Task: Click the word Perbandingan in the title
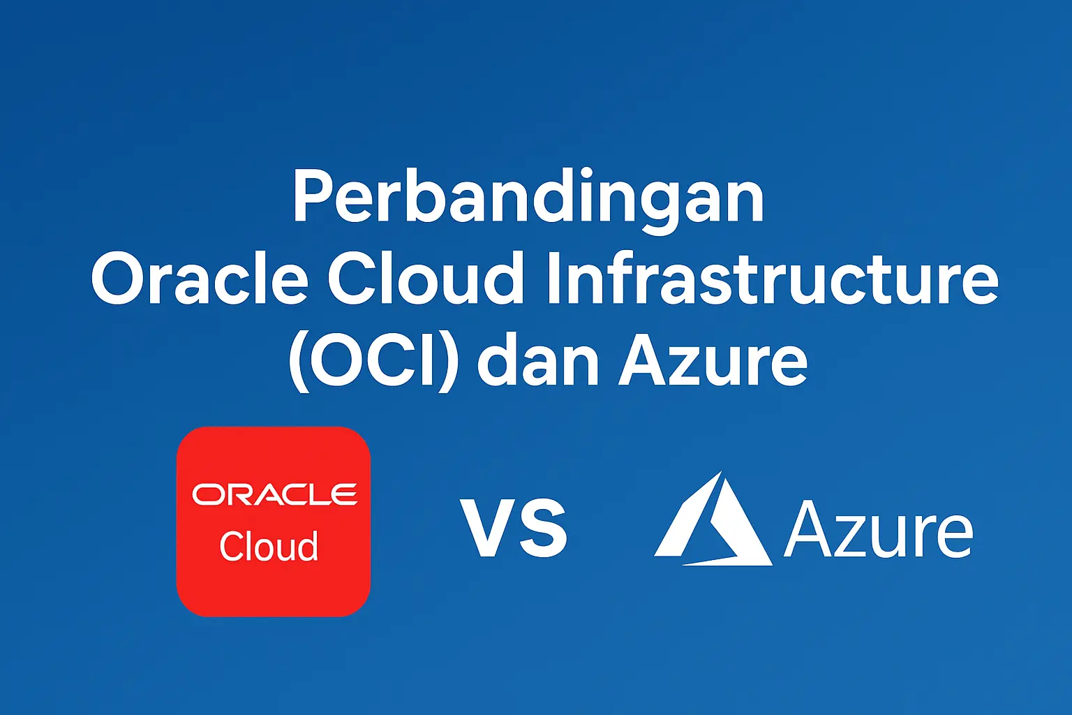528,198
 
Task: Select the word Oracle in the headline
200,279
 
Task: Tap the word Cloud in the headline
425,279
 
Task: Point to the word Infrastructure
772,279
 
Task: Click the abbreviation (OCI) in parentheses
373,363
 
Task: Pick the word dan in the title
538,363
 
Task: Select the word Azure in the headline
713,363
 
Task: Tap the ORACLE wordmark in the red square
274,494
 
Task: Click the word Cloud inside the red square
269,546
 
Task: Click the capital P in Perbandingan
311,197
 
